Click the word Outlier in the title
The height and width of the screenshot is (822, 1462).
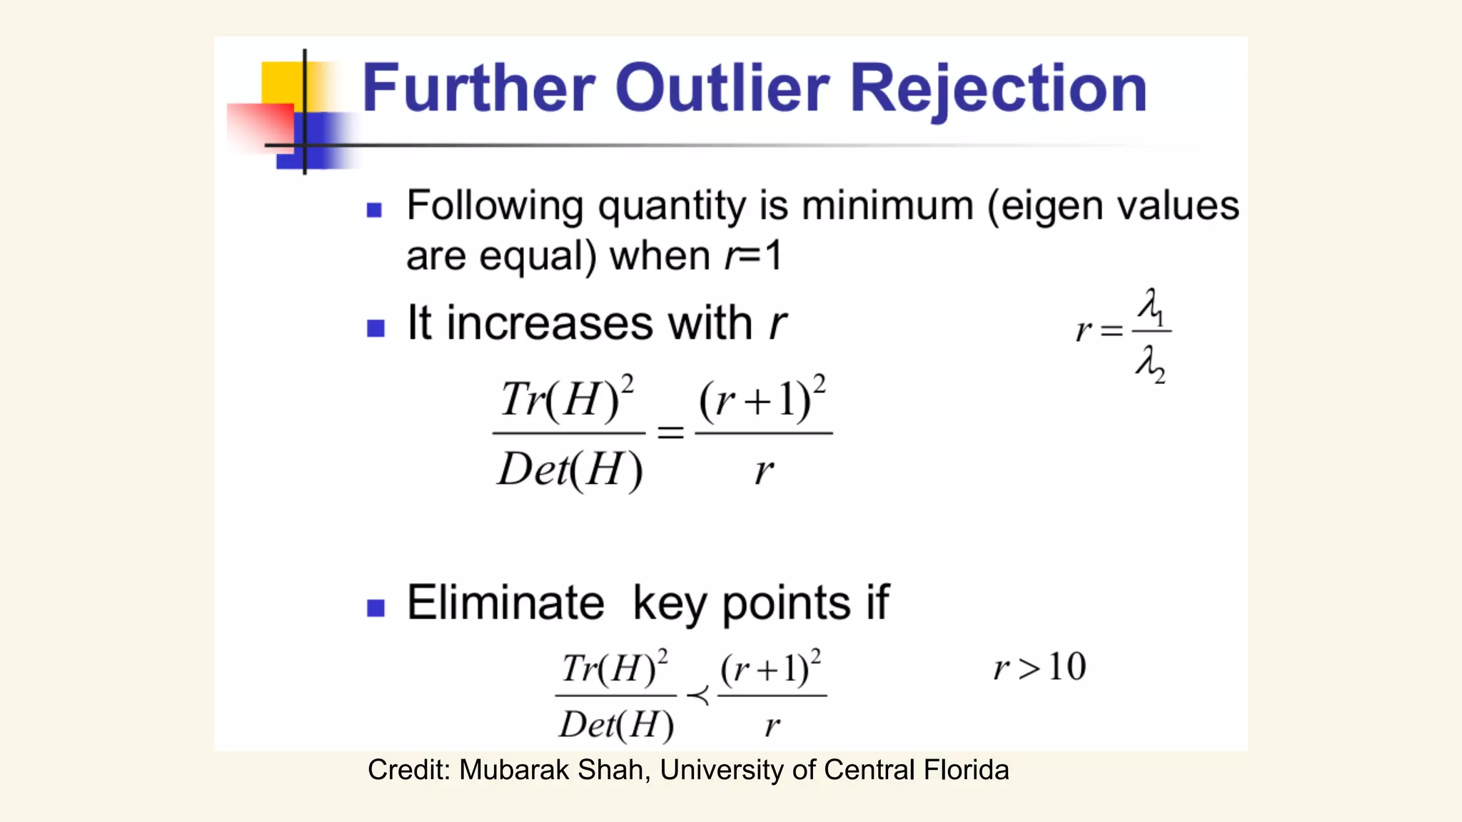click(722, 88)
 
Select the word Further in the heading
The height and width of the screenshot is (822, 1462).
click(478, 88)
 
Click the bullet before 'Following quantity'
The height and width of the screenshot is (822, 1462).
click(375, 210)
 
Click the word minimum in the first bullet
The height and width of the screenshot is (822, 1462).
click(887, 206)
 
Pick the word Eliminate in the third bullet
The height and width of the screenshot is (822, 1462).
click(505, 603)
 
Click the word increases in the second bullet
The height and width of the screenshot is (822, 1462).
click(549, 323)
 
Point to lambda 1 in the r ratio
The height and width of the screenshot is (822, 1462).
click(1151, 307)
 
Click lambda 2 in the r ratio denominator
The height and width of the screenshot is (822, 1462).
click(1150, 364)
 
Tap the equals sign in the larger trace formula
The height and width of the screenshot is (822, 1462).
click(670, 432)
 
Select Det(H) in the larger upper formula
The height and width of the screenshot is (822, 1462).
click(570, 471)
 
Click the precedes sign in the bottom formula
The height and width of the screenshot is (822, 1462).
click(697, 695)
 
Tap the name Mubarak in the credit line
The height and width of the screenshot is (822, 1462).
click(514, 771)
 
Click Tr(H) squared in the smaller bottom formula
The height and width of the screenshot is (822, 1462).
click(615, 669)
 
